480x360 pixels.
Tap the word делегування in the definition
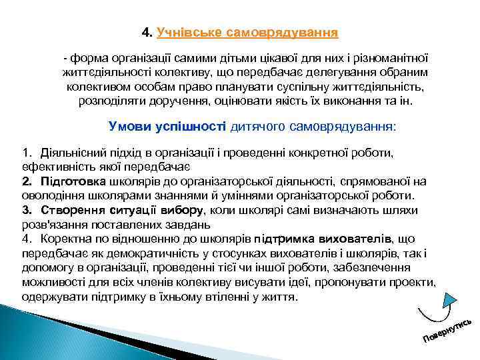pyautogui.click(x=350, y=71)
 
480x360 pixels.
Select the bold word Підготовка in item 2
pyautogui.click(x=73, y=181)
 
